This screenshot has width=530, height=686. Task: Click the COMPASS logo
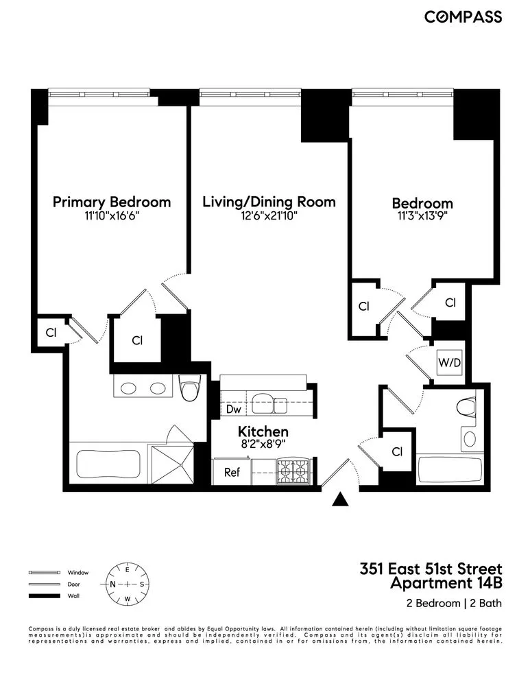(x=463, y=16)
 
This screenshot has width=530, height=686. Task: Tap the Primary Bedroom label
(x=112, y=202)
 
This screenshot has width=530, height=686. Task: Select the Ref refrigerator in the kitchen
(x=232, y=472)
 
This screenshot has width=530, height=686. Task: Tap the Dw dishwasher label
(x=232, y=409)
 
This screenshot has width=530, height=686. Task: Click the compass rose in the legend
(x=127, y=584)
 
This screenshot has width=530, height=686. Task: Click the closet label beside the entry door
(x=397, y=451)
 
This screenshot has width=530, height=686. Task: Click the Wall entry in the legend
(x=72, y=595)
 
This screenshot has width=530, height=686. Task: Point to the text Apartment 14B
(x=446, y=584)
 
